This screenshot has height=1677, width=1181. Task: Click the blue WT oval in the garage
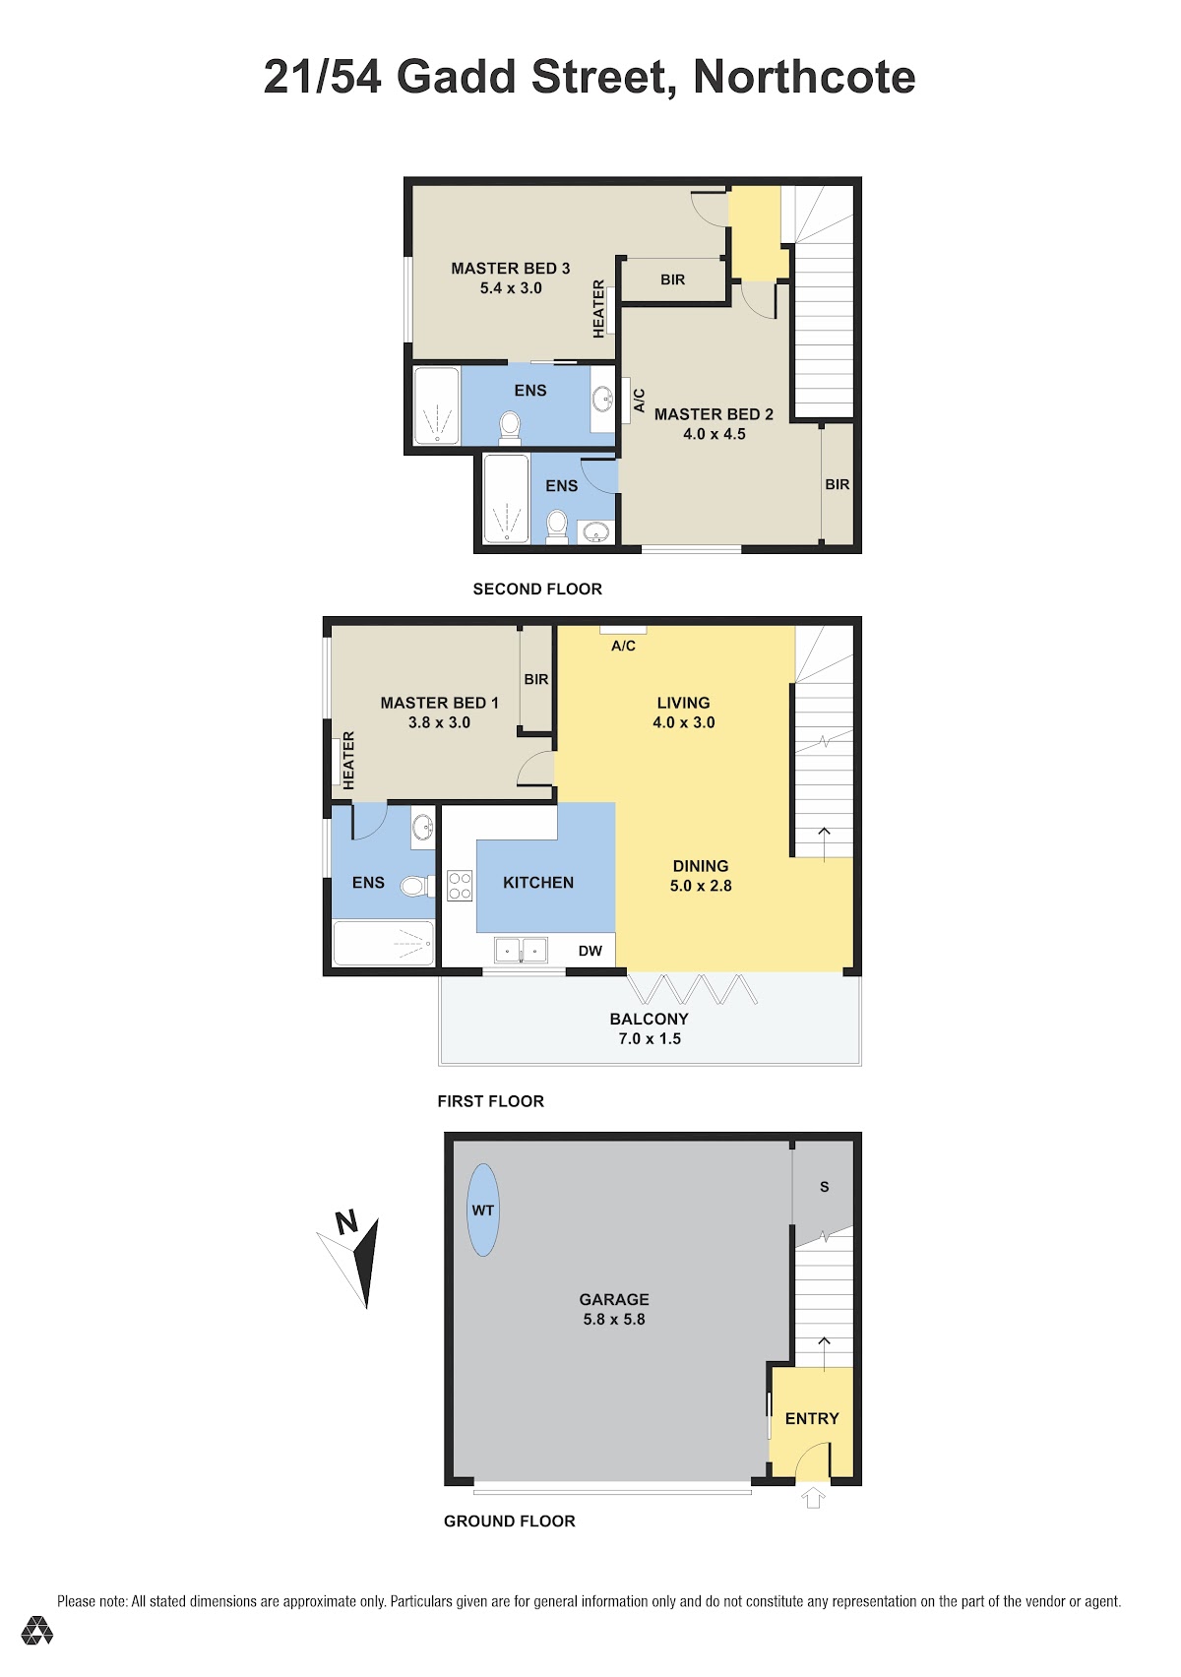(x=482, y=1210)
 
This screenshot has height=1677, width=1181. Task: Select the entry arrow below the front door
(x=813, y=1498)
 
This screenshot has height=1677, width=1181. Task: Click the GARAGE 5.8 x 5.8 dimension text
(x=614, y=1319)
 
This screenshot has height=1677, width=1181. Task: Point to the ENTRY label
(x=812, y=1418)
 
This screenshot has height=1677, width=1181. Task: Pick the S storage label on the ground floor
(x=824, y=1187)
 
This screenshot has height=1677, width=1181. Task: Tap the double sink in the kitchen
(x=521, y=950)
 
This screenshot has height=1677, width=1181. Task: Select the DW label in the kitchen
(x=590, y=951)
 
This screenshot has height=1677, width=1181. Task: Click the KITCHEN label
(x=537, y=883)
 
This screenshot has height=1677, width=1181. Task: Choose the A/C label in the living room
(x=623, y=646)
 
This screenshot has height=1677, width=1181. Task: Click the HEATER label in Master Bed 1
(x=349, y=760)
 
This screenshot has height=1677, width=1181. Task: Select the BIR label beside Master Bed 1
(x=536, y=679)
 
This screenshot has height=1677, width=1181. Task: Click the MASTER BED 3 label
(x=510, y=268)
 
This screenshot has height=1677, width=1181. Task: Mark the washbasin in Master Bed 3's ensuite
(x=602, y=399)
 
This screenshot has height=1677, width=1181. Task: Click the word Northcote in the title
(x=804, y=77)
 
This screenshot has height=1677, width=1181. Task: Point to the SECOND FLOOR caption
(x=537, y=590)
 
